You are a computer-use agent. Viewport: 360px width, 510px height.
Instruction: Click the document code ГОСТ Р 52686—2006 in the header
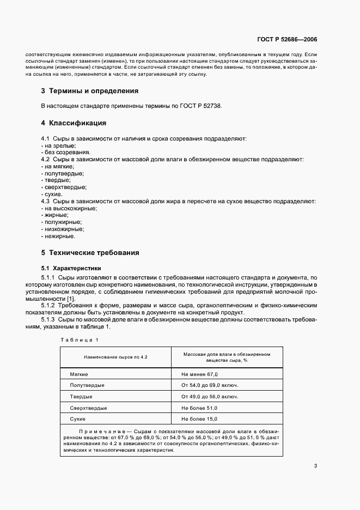287,40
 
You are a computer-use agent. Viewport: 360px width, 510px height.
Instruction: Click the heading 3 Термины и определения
90,90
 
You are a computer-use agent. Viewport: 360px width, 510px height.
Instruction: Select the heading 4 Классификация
74,123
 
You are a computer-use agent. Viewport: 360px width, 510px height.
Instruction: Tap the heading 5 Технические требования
90,253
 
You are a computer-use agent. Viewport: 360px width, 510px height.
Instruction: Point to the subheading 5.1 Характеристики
71,268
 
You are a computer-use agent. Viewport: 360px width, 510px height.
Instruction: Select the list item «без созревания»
66,152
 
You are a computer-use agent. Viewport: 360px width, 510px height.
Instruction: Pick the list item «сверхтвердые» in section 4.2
63,187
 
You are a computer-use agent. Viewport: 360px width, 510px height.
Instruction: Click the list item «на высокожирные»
70,208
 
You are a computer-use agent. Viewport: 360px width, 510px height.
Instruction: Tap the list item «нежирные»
58,236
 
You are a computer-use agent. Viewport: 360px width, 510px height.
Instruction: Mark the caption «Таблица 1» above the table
80,341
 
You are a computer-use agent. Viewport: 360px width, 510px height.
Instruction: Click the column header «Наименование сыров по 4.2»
115,357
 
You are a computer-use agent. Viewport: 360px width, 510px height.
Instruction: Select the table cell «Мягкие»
80,375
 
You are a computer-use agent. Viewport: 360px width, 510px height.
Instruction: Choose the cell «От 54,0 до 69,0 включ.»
210,385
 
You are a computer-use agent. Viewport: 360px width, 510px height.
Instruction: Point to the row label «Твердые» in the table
81,397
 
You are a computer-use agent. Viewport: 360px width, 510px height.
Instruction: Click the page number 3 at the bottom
315,465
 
